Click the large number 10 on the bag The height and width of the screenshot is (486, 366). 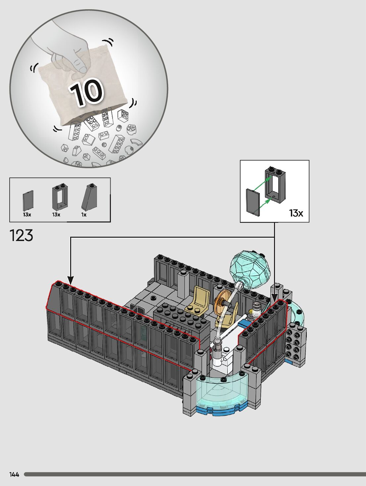(87, 92)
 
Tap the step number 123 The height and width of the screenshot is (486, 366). (22, 235)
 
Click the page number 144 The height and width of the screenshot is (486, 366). (14, 474)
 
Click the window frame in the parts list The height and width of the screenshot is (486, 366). (60, 198)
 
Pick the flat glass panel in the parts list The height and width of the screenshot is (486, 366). (28, 201)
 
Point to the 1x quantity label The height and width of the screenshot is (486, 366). (84, 215)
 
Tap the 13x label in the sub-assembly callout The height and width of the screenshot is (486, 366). (296, 213)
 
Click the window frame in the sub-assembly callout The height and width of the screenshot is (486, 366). (275, 185)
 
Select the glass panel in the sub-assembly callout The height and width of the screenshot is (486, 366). (253, 202)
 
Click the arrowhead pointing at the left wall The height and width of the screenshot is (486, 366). (70, 280)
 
